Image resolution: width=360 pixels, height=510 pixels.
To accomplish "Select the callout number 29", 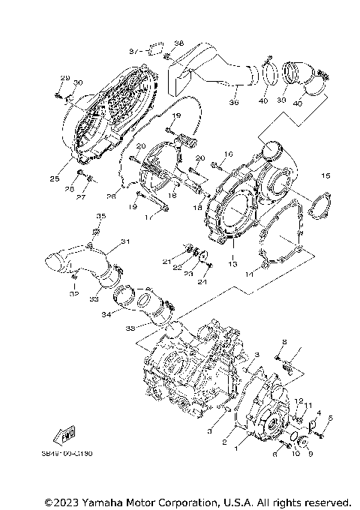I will [x=64, y=79].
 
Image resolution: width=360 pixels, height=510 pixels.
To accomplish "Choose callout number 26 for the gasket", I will [x=112, y=196].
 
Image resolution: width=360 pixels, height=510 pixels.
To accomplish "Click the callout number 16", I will [x=229, y=153].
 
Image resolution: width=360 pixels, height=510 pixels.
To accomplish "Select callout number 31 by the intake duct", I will [x=125, y=241].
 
